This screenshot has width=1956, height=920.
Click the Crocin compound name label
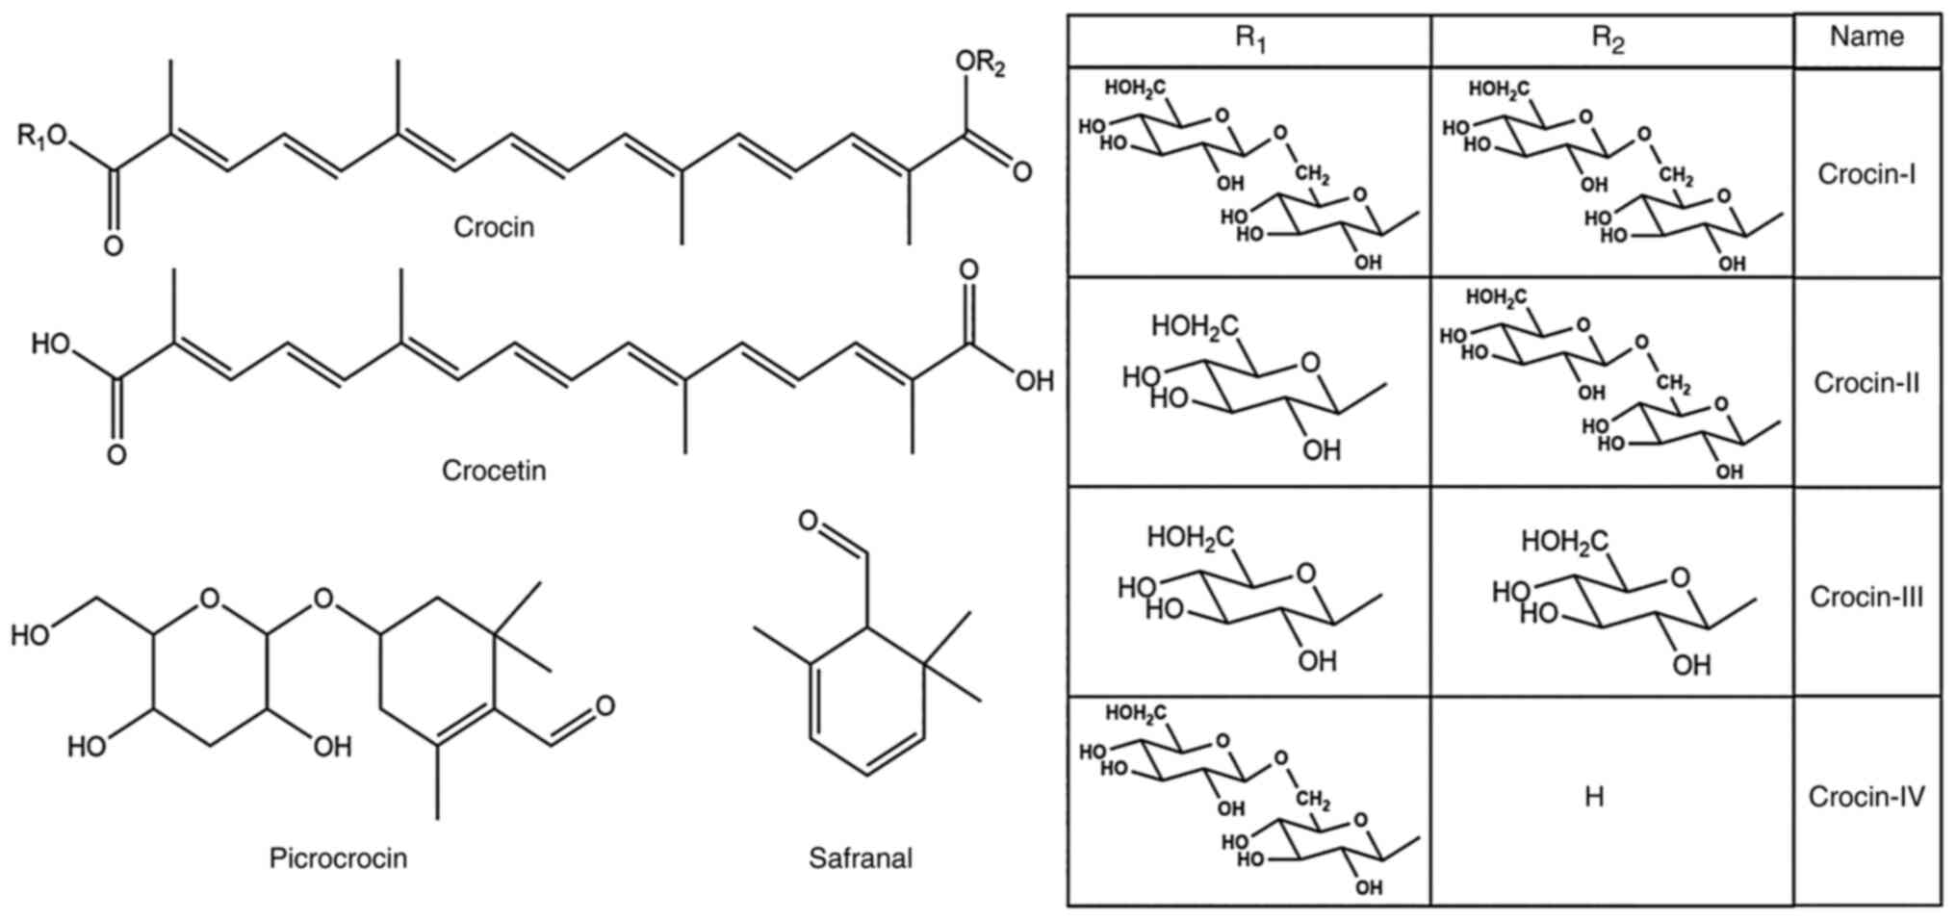493,227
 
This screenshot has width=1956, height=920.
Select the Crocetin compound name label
493,471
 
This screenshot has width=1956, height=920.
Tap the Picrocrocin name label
338,858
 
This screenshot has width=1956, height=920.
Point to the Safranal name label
860,858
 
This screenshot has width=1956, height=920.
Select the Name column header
1866,37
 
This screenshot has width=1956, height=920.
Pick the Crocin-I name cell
1866,174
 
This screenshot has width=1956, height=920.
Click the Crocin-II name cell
1866,383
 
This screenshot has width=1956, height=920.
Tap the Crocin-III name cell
1866,597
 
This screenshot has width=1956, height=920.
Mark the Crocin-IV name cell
1866,798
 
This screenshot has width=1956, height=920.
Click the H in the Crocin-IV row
1594,798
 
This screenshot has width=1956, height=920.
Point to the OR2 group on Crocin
980,64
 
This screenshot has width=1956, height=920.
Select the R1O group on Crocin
42,137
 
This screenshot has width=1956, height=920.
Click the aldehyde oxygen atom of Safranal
809,522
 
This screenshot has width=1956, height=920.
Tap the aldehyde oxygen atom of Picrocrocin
605,706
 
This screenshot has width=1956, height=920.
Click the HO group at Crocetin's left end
50,344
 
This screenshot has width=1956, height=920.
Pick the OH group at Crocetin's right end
1034,382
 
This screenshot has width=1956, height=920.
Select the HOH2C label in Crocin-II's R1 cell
1194,327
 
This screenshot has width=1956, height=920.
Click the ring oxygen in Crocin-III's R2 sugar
1680,578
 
